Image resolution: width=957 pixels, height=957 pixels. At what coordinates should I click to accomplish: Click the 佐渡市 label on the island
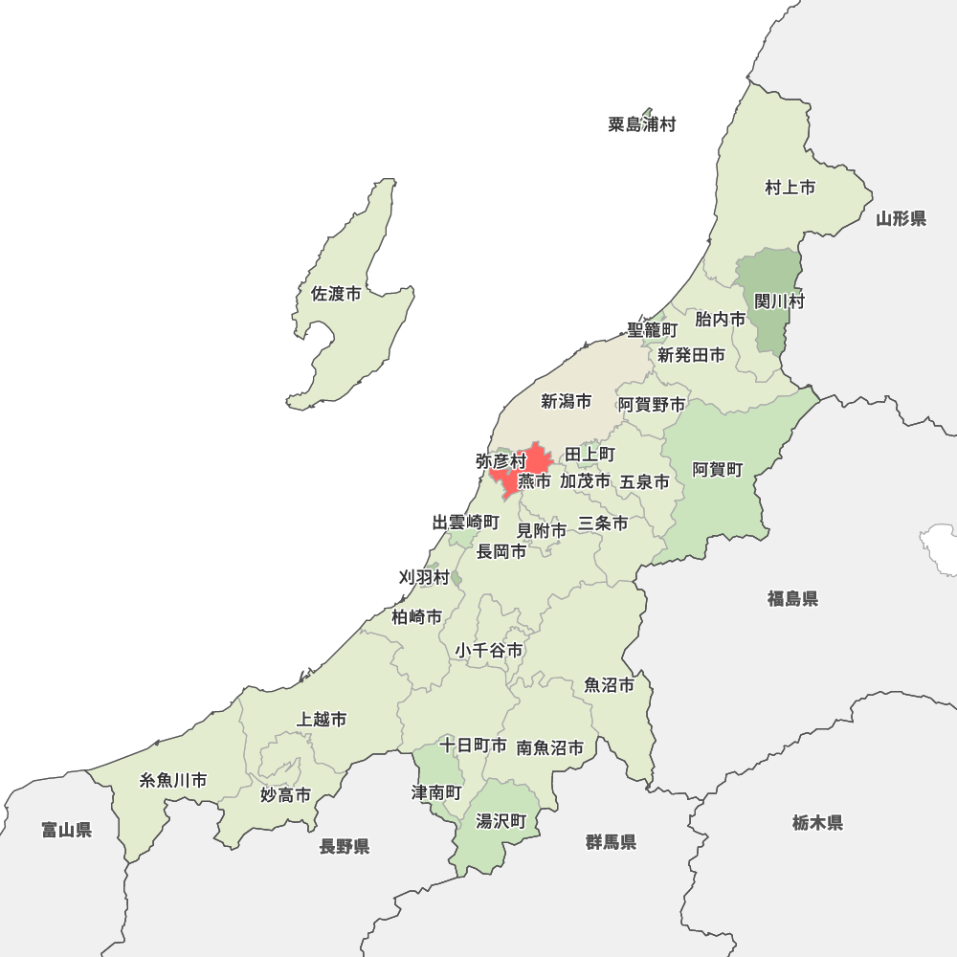(x=336, y=294)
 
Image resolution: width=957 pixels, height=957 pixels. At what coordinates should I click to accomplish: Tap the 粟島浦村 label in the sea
(x=641, y=124)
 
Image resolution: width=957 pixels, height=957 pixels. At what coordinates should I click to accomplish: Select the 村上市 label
(x=790, y=188)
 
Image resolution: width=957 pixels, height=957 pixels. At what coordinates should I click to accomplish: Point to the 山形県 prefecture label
(x=901, y=219)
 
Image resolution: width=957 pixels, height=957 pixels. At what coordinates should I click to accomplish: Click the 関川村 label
(x=779, y=301)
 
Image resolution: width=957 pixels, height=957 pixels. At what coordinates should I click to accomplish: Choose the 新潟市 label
(x=566, y=401)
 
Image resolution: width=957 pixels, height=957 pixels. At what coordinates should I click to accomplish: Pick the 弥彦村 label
(x=501, y=461)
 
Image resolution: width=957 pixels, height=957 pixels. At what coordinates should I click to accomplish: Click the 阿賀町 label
(x=717, y=469)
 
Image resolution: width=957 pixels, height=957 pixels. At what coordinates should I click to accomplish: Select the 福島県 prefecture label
(x=791, y=599)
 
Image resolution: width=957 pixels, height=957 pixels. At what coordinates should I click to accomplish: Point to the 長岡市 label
(x=501, y=551)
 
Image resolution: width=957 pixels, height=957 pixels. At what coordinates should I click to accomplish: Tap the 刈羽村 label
(x=423, y=577)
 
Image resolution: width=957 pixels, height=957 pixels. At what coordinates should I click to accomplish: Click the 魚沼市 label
(x=609, y=685)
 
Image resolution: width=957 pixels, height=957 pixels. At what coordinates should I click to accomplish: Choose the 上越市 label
(x=322, y=719)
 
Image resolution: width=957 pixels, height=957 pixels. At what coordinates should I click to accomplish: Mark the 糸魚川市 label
(x=173, y=780)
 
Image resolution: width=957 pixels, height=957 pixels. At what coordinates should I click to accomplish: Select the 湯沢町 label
(x=501, y=821)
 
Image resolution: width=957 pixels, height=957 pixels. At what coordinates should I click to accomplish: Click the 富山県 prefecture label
(x=66, y=830)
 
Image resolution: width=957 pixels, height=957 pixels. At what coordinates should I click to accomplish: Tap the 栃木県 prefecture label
(x=817, y=822)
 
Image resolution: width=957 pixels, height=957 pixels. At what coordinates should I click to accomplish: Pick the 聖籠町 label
(x=652, y=329)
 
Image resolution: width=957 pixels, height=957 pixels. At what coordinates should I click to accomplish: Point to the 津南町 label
(x=436, y=793)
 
